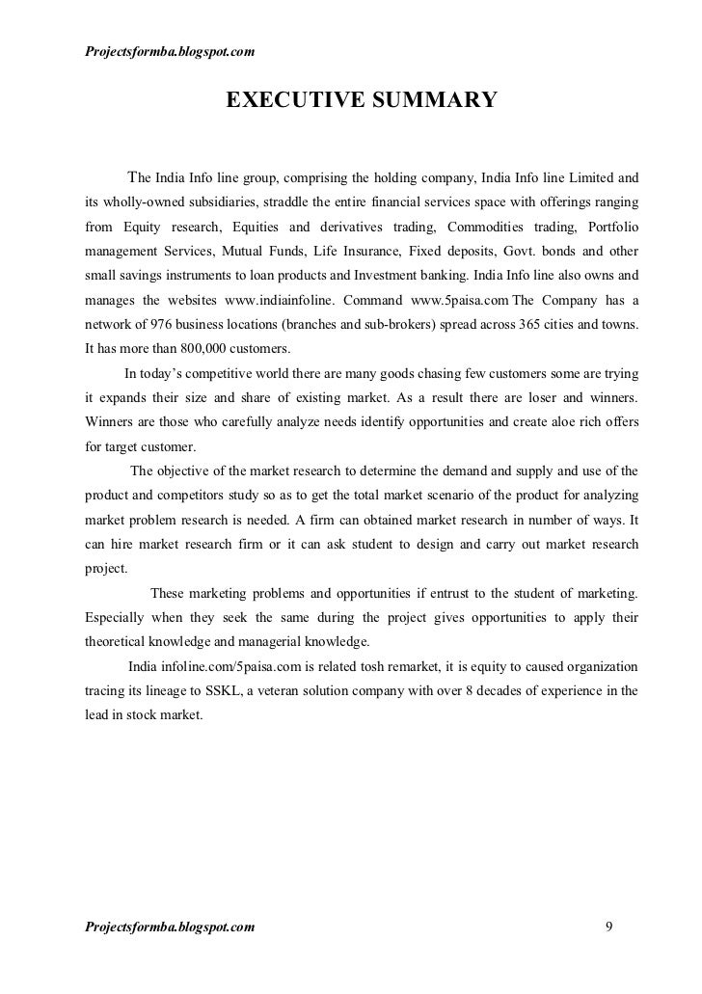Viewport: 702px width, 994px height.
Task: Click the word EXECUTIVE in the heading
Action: click(x=290, y=100)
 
